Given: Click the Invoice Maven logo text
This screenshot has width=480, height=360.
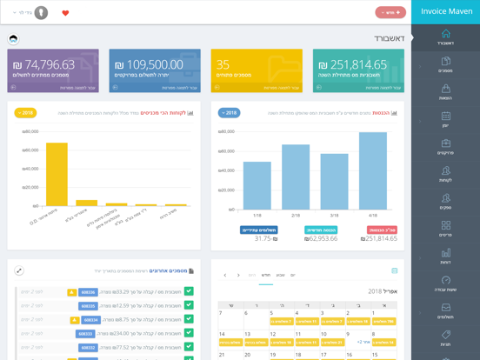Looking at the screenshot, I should (x=445, y=11).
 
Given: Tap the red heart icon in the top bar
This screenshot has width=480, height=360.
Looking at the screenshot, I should (x=65, y=13).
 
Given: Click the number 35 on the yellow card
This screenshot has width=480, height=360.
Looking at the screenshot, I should (x=223, y=64).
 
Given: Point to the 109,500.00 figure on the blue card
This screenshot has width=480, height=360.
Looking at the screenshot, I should (x=148, y=64).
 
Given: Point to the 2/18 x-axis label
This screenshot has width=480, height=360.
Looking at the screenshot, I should (x=296, y=215).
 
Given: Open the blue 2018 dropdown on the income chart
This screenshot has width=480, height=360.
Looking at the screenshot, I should (x=229, y=113).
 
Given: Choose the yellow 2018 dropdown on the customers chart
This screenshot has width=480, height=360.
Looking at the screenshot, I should (x=25, y=113).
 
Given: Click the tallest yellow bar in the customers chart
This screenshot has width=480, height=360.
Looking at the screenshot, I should (x=57, y=174).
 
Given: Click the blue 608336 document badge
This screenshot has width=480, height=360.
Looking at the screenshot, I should (x=88, y=292).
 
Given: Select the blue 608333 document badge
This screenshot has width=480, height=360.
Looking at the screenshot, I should (x=86, y=333).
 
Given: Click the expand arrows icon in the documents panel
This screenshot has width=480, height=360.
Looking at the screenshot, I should (x=19, y=271).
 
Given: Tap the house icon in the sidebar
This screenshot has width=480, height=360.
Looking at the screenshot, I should (x=445, y=34).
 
